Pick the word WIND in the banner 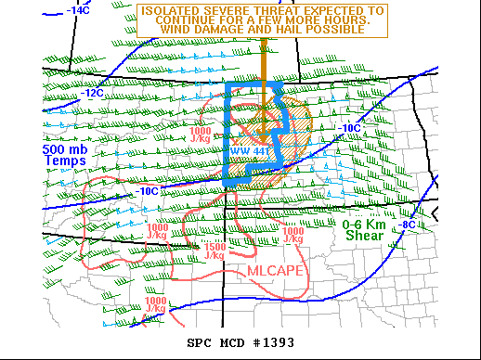pos(184,31)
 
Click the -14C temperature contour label pos(78,10)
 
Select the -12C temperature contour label pos(92,93)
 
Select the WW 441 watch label pos(243,151)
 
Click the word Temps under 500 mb pos(64,161)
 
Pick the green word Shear pos(363,236)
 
